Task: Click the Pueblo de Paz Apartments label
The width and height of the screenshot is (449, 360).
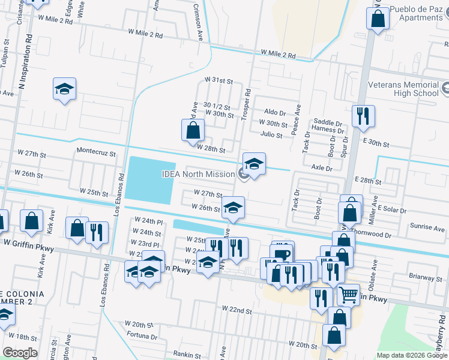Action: tap(415, 13)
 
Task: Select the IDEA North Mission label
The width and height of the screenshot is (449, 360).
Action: tap(197, 174)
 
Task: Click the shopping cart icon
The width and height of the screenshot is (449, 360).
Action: tap(348, 295)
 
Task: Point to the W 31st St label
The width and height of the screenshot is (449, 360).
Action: tap(218, 80)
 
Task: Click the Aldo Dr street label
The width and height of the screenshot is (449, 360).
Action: tap(275, 112)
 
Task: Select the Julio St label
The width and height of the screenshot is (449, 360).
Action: tap(271, 135)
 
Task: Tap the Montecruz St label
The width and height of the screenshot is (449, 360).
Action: tap(95, 152)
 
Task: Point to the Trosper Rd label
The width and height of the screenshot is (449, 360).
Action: tap(246, 103)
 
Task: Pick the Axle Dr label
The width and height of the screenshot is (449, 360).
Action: tap(321, 169)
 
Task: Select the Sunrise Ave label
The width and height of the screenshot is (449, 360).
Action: tap(427, 227)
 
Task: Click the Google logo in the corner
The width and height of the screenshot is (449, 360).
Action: tap(20, 353)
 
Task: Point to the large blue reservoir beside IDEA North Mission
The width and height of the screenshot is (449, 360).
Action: tap(150, 179)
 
